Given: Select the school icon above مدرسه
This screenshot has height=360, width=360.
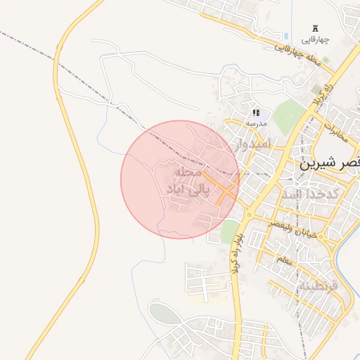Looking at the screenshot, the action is tap(256, 112).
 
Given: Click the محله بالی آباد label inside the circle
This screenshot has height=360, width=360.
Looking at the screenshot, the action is tap(185, 181).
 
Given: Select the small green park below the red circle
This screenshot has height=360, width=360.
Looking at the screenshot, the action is tap(229, 231).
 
